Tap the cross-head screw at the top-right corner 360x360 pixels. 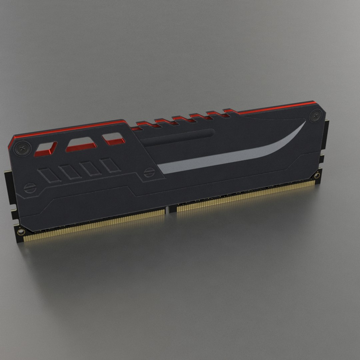[x=315, y=116]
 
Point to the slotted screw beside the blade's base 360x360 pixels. [x=149, y=172]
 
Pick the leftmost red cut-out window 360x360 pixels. [x=46, y=149]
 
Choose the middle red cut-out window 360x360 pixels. [x=81, y=144]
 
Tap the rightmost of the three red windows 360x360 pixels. [x=113, y=139]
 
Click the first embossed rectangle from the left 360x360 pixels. [x=49, y=175]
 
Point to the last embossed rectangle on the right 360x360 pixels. [x=110, y=165]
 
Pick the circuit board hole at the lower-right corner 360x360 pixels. [x=316, y=175]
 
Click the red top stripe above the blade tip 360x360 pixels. [x=277, y=107]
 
